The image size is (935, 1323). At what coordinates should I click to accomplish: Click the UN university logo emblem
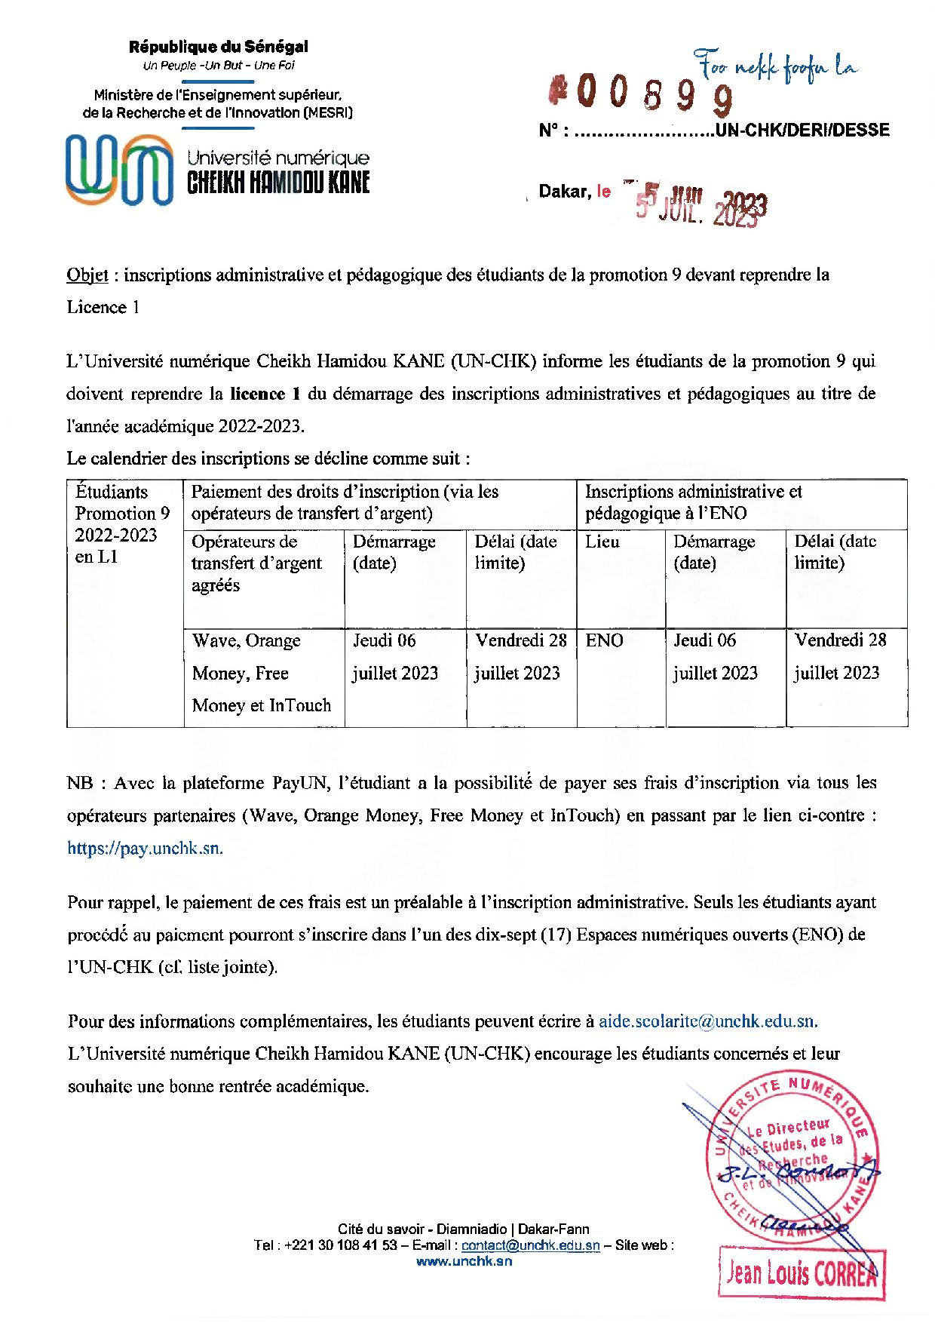(x=118, y=170)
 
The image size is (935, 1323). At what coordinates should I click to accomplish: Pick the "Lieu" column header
(x=602, y=542)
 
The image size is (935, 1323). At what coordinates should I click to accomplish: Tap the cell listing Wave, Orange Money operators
(x=262, y=673)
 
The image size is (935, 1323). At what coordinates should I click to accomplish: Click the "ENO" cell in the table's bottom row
(x=605, y=641)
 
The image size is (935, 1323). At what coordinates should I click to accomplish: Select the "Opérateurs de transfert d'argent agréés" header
(x=256, y=563)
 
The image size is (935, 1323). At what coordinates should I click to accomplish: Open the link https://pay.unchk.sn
(x=145, y=848)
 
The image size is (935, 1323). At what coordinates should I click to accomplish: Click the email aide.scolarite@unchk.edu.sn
(x=707, y=1021)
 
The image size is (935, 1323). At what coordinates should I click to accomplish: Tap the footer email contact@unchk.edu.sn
(x=530, y=1246)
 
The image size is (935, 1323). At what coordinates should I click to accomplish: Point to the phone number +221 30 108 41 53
(x=342, y=1246)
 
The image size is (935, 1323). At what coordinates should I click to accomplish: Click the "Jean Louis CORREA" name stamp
(x=800, y=1275)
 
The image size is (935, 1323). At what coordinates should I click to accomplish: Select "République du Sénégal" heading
(x=219, y=47)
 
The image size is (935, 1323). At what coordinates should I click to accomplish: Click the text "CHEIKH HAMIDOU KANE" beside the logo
(x=278, y=183)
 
